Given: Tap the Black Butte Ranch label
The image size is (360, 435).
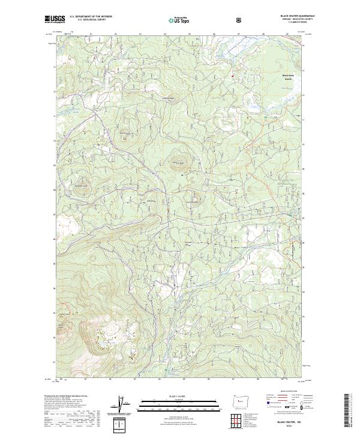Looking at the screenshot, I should (290, 76).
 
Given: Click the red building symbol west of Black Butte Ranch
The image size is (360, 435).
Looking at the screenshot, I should (233, 75).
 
